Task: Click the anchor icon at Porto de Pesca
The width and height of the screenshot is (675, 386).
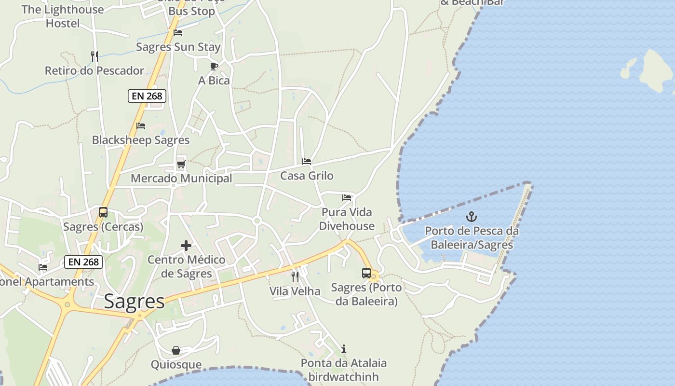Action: click(x=472, y=217)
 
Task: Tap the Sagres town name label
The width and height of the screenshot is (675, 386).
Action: click(x=135, y=302)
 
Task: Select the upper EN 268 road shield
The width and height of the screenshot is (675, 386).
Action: click(x=147, y=96)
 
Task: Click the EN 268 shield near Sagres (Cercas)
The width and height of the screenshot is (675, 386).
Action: click(x=83, y=262)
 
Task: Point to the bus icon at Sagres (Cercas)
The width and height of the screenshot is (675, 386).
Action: click(x=103, y=212)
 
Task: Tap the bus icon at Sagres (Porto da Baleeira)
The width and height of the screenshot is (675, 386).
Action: click(x=366, y=273)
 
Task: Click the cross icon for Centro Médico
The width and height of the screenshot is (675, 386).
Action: click(x=186, y=246)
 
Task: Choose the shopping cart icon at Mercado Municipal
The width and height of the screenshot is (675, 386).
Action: click(x=181, y=165)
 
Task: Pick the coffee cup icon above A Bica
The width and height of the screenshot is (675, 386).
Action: click(x=214, y=66)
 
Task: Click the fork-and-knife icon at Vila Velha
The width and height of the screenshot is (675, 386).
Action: click(x=295, y=277)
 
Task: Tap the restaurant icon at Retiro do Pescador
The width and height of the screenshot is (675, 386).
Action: click(x=94, y=56)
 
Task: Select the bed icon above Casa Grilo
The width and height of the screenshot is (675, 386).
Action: click(x=307, y=162)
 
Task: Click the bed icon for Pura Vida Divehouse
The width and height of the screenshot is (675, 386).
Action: click(x=347, y=197)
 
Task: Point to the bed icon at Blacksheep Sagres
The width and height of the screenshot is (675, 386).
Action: click(x=141, y=126)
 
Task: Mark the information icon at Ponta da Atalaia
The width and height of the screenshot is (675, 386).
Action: click(x=344, y=349)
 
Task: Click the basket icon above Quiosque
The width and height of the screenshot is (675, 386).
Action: click(x=176, y=350)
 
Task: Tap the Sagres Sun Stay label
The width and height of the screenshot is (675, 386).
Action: click(x=178, y=47)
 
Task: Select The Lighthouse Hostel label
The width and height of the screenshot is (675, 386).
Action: click(x=63, y=16)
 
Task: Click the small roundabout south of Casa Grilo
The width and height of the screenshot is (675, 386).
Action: click(x=257, y=221)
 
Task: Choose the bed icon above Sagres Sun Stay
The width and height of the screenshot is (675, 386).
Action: click(x=178, y=33)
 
